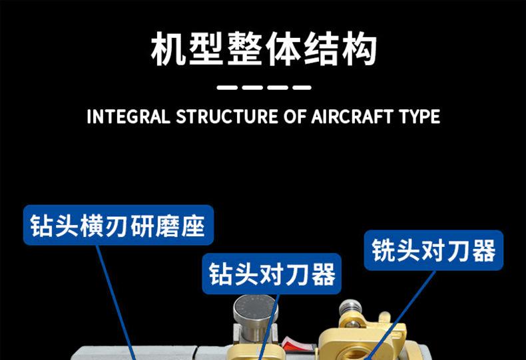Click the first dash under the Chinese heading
point(228,87)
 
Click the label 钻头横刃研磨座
point(119,226)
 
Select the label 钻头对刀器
point(272,273)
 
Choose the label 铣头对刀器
point(433,251)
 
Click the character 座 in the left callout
point(198,226)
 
